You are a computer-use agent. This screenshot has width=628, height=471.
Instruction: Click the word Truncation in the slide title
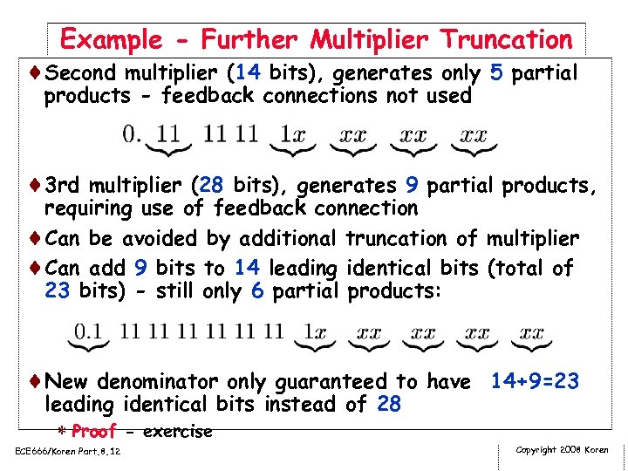[506, 39]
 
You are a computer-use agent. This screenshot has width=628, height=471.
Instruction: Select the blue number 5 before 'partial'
[496, 73]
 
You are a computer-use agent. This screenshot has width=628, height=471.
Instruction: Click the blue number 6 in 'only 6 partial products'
[257, 290]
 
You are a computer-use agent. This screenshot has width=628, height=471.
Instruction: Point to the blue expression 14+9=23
[535, 381]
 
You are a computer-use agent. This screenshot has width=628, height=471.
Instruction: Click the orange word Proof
[93, 431]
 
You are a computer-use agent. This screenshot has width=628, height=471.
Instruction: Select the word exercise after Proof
[177, 431]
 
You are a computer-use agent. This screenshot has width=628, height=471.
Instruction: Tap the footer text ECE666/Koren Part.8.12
[67, 451]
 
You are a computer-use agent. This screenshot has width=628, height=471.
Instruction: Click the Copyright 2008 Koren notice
[563, 450]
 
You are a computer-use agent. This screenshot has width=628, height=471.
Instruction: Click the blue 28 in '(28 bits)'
[211, 186]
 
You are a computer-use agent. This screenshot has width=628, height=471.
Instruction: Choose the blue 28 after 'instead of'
[389, 404]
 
